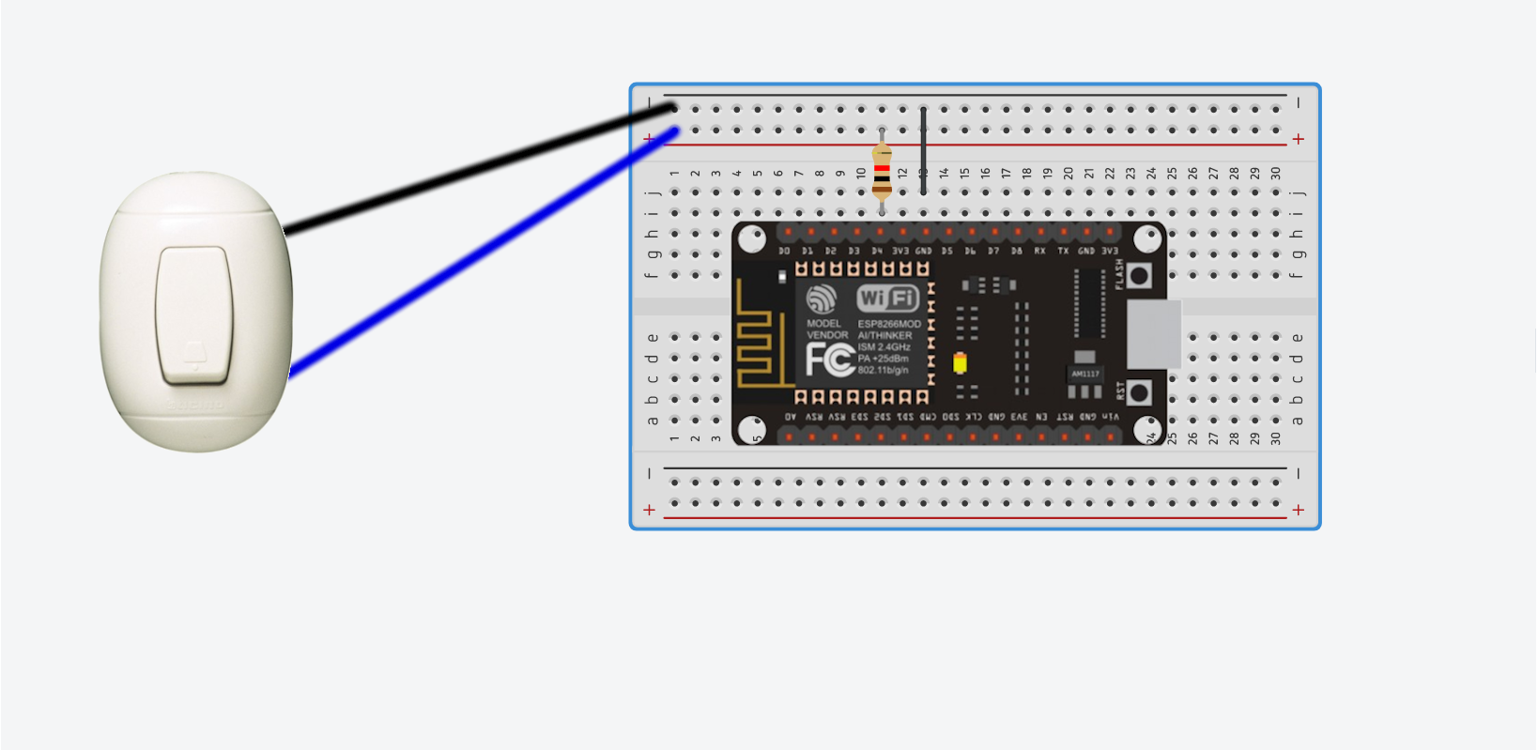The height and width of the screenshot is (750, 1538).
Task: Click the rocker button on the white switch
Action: tap(194, 314)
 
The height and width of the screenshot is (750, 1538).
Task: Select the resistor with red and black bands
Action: tap(881, 172)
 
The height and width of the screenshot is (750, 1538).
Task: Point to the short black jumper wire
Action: tap(924, 150)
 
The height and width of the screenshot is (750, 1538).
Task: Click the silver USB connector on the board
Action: tap(1153, 334)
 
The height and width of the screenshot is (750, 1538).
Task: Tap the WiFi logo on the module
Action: tap(887, 299)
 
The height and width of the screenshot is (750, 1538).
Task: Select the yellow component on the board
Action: tap(960, 363)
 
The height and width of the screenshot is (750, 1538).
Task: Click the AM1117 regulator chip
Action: tap(1084, 374)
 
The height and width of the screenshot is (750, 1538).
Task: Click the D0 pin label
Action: tap(784, 252)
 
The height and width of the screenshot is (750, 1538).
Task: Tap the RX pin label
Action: tap(1039, 252)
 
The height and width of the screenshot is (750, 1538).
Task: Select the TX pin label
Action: tap(1063, 252)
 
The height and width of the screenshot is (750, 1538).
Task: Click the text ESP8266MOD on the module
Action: tap(889, 324)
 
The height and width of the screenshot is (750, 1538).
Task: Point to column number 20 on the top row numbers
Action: tap(1069, 174)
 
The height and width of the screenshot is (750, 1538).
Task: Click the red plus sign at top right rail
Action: tap(1298, 139)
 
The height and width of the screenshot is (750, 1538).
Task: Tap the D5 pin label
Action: tap(946, 252)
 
